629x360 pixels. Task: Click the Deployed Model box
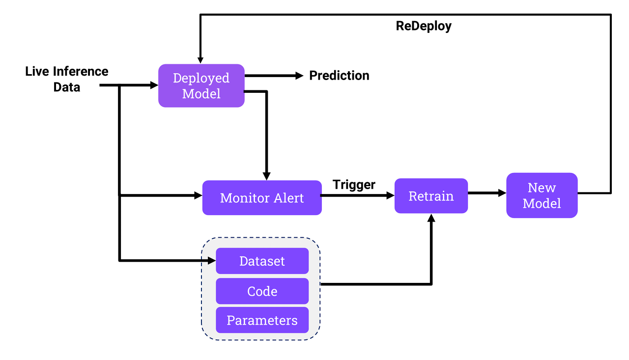[201, 85]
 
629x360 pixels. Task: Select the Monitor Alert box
[262, 197]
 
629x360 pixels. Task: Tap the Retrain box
[431, 196]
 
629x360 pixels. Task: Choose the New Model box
[542, 195]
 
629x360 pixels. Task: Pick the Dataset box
[262, 261]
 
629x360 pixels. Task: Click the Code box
[262, 291]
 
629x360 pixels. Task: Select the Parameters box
[262, 320]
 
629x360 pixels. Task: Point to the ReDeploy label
[424, 27]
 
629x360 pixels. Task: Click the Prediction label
[339, 76]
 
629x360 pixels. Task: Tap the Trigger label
[354, 185]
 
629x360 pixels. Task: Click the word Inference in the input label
[80, 71]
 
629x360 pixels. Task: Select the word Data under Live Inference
[67, 87]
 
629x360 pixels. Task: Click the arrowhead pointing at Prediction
[300, 76]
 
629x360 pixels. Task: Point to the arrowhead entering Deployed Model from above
[200, 60]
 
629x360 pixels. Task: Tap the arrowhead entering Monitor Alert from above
[266, 176]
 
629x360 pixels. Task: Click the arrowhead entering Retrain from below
[431, 218]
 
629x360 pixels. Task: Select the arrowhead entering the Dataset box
[212, 261]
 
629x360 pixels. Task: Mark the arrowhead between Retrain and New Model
[502, 193]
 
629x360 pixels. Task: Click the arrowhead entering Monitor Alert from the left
[198, 195]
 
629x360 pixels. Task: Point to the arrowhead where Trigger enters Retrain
[391, 195]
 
